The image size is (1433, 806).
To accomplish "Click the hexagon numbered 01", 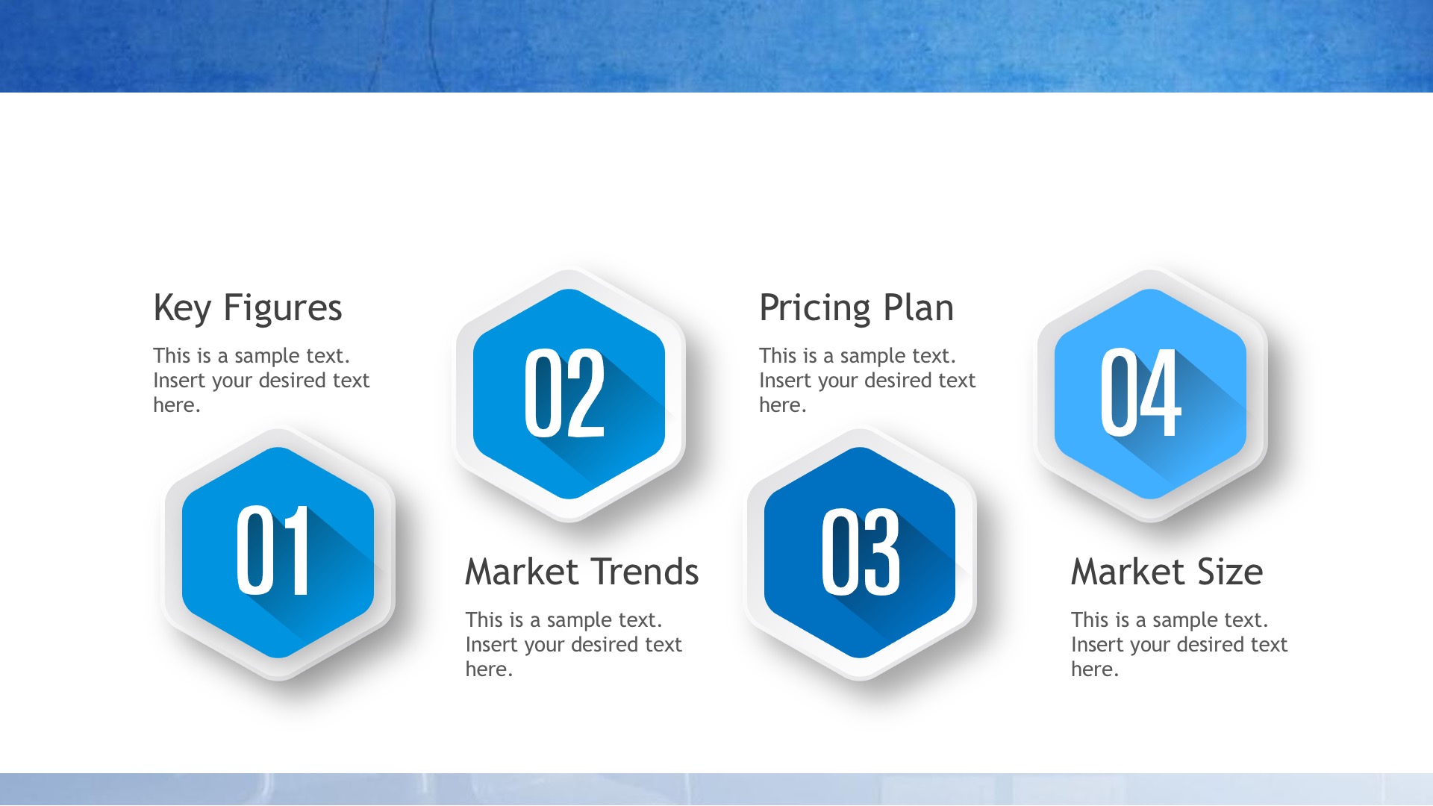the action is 278,553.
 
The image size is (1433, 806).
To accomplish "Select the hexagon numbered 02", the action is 569,394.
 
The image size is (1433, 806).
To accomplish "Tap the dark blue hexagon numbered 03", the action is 860,553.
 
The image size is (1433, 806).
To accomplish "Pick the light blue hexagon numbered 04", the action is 1150,394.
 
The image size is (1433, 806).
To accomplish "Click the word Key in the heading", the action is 182,309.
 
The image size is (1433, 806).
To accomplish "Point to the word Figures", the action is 283,309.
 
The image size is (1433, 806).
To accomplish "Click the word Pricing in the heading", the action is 815,309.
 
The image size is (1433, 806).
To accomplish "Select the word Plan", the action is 919,307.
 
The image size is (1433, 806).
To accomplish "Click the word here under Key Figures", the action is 177,405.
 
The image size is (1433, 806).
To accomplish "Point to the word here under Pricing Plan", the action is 783,405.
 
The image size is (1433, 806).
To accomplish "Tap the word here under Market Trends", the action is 489,669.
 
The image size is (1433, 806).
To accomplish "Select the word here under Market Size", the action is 1095,669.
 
